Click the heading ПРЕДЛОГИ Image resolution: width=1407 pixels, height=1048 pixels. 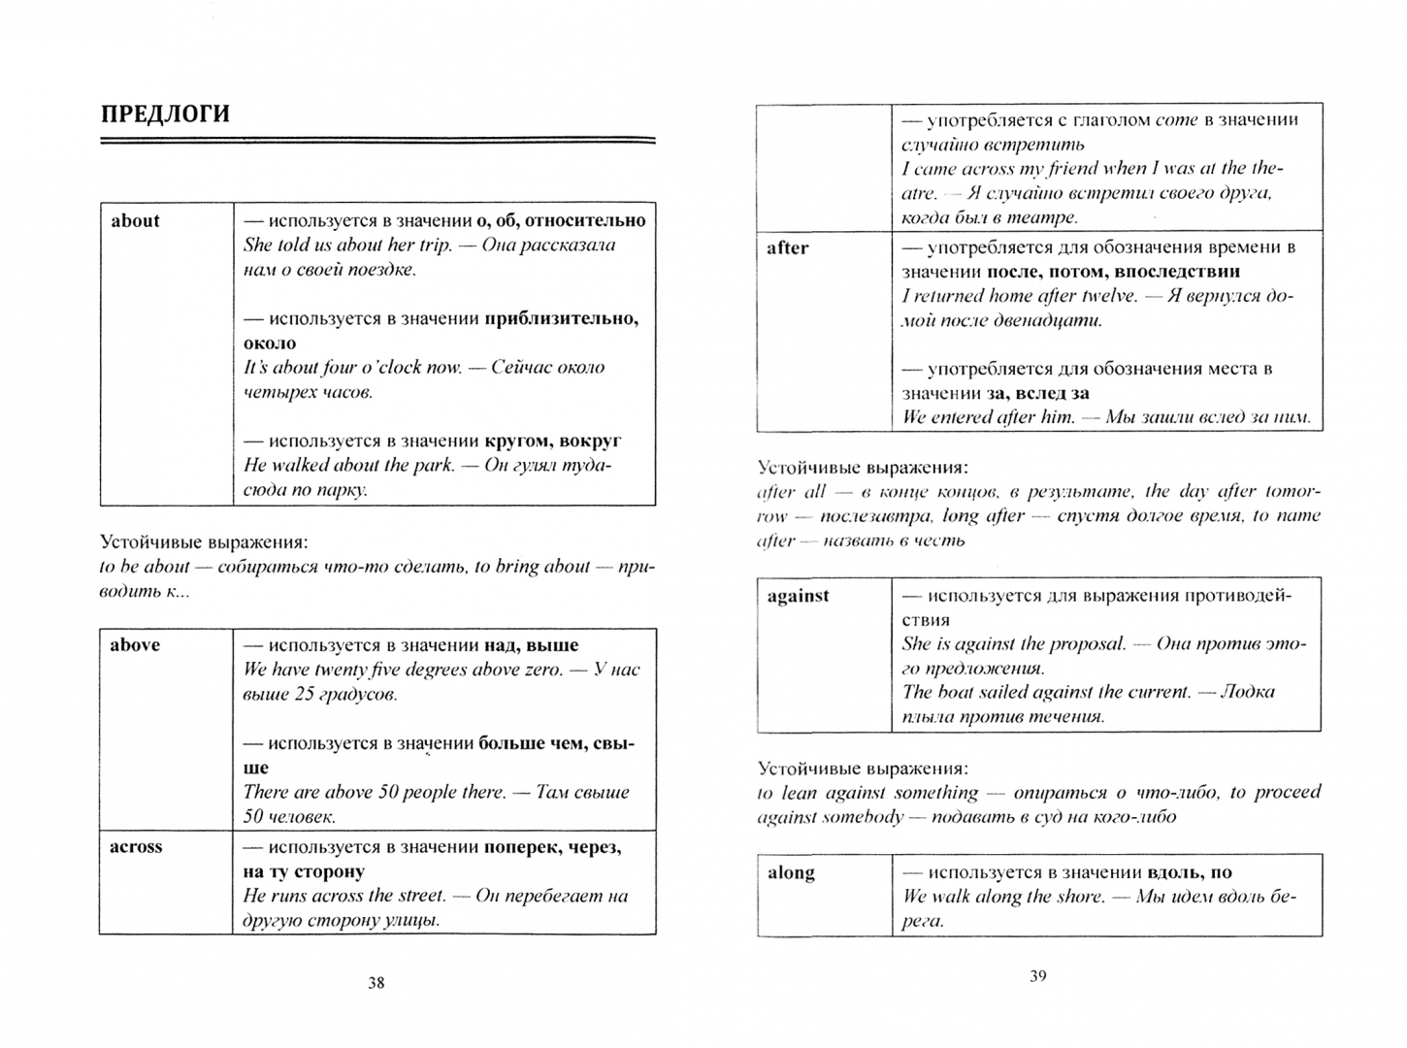point(165,115)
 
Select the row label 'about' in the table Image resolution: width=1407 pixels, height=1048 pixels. point(135,221)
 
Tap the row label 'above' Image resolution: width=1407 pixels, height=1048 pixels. point(135,645)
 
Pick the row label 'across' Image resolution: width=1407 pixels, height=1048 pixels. point(136,847)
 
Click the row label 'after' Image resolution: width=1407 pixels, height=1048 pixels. point(787,248)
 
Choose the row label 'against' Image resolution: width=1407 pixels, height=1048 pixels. point(798,596)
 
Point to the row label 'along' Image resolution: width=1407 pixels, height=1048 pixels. point(791,872)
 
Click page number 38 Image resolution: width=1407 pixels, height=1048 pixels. point(376,983)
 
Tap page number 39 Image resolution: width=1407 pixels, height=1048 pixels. point(1038,976)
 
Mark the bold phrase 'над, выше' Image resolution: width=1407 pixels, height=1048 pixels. point(530,645)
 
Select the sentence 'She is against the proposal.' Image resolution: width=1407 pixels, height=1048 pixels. point(1014,643)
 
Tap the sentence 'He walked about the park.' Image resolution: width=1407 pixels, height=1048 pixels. point(348,465)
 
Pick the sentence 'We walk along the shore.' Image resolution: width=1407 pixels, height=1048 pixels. point(1003,897)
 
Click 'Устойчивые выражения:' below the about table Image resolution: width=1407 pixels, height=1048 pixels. point(204,542)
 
